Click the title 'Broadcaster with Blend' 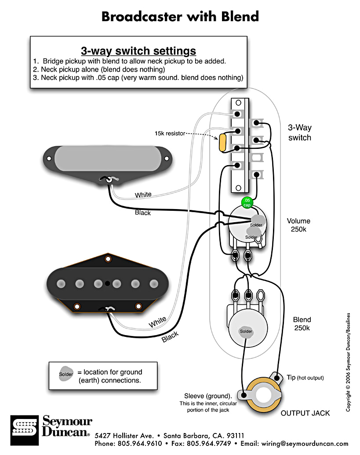point(180,17)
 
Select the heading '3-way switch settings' point(138,51)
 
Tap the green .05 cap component point(247,202)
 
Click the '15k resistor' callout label point(169,133)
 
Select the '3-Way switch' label point(299,133)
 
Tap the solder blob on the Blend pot point(246,331)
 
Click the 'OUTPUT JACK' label point(305,413)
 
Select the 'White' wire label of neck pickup point(143,195)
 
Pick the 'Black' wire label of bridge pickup point(170,337)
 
